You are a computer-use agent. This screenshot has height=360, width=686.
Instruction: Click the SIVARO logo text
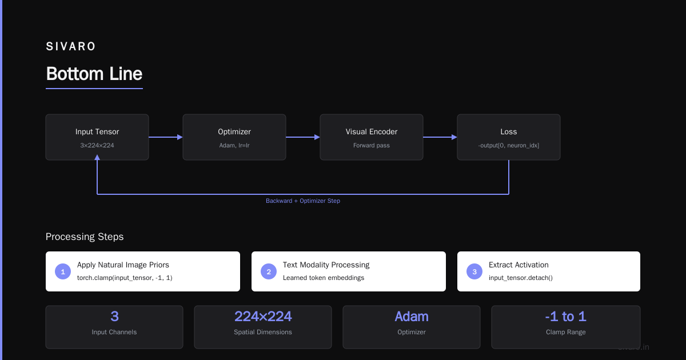[71, 46]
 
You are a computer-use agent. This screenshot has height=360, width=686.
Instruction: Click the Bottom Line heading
[94, 74]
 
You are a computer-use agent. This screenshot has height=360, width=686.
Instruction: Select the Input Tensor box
[97, 137]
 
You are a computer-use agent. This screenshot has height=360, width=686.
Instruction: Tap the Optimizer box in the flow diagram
[234, 137]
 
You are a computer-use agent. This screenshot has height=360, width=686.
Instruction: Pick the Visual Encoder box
[372, 137]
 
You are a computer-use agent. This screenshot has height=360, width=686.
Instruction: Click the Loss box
[509, 137]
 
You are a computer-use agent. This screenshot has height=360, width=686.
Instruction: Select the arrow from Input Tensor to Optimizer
[166, 137]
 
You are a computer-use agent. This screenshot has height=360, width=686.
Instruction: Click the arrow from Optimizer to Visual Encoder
[303, 137]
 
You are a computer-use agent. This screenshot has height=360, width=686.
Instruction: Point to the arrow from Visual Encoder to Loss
[440, 137]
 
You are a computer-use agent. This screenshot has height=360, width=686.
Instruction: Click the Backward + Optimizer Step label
[303, 201]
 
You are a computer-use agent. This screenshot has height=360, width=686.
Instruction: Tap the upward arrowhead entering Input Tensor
[97, 157]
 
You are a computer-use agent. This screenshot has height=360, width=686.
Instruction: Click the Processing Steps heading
[85, 237]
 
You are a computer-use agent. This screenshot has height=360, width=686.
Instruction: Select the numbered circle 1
[63, 271]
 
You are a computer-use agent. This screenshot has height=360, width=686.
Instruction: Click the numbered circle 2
[269, 271]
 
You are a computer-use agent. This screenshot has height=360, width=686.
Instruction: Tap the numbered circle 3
[474, 271]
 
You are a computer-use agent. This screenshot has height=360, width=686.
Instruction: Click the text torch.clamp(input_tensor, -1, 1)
[125, 278]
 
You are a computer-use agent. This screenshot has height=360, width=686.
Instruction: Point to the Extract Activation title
[519, 265]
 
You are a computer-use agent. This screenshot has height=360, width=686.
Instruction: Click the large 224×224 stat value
[263, 317]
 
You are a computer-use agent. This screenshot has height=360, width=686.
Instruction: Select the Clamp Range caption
[565, 332]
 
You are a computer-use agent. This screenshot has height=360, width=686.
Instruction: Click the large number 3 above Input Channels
[114, 317]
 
